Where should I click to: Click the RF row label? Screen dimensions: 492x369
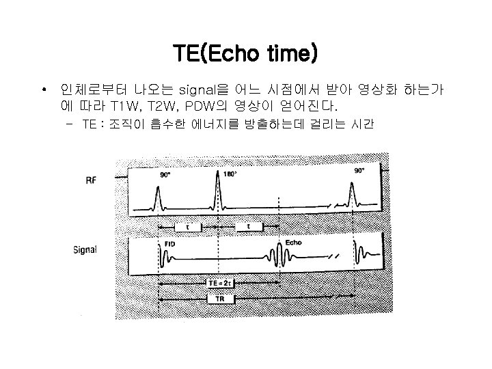(x=91, y=180)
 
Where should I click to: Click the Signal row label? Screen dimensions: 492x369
(x=85, y=249)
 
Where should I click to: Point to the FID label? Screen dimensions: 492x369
(x=171, y=243)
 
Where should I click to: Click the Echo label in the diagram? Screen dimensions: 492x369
(x=294, y=243)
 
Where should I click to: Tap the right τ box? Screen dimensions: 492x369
(x=248, y=225)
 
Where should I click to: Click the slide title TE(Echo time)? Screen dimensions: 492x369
(x=245, y=53)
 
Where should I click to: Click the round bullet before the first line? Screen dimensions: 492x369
(x=43, y=90)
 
